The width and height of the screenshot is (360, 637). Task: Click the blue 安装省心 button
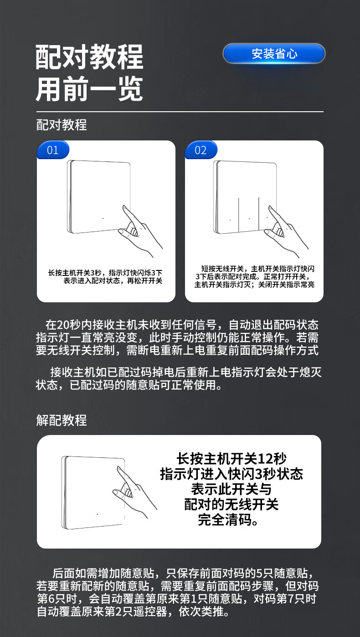pyautogui.click(x=274, y=53)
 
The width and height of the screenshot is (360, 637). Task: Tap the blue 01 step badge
pyautogui.click(x=53, y=150)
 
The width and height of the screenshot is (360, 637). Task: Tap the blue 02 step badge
pyautogui.click(x=201, y=150)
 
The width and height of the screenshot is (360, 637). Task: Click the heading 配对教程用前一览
pyautogui.click(x=89, y=73)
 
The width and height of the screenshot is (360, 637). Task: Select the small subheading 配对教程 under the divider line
pyautogui.click(x=62, y=125)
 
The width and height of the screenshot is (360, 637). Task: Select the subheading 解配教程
pyautogui.click(x=62, y=420)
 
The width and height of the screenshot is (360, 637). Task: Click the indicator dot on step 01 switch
pyautogui.click(x=103, y=218)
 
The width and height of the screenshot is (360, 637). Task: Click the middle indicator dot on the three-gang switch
pyautogui.click(x=249, y=219)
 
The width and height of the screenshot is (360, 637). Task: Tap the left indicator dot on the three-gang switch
pyautogui.click(x=230, y=220)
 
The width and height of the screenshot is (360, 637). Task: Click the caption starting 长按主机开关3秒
pyautogui.click(x=105, y=277)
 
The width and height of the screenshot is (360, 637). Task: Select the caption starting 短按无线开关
pyautogui.click(x=255, y=277)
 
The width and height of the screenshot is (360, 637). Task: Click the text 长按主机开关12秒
pyautogui.click(x=231, y=458)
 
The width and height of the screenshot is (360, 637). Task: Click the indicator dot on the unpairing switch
pyautogui.click(x=98, y=514)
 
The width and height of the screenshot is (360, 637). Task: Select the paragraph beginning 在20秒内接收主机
pyautogui.click(x=177, y=337)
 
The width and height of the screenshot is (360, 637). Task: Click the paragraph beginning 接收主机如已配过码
pyautogui.click(x=179, y=378)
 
